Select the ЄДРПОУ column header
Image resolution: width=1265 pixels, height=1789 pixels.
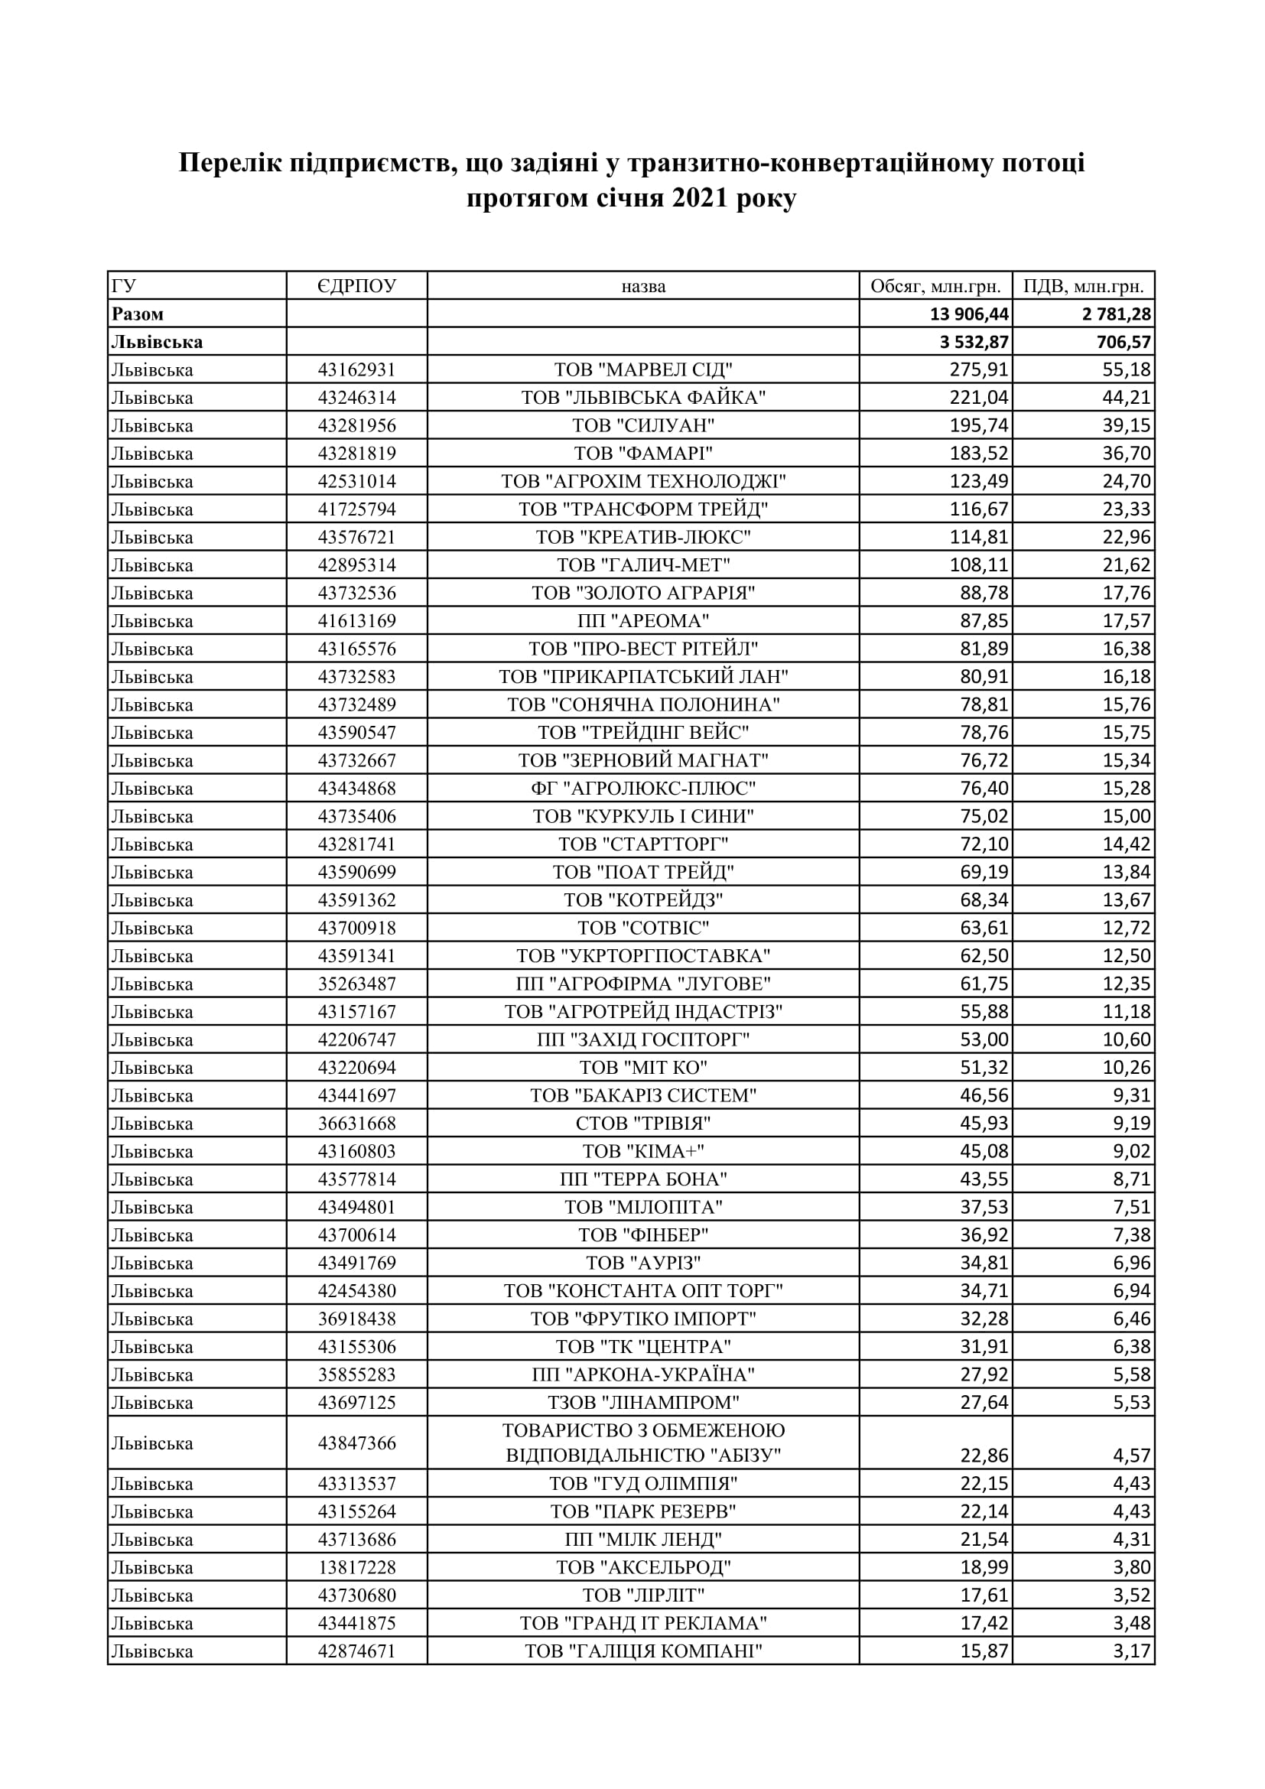point(356,286)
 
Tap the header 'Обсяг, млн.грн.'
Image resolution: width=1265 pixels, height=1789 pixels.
point(935,286)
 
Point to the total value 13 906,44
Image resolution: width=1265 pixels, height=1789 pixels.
point(969,314)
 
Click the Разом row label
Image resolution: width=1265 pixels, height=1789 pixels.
point(138,314)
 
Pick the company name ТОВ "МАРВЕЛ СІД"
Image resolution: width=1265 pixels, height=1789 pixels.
point(643,369)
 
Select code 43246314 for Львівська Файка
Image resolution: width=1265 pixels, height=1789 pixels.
point(356,398)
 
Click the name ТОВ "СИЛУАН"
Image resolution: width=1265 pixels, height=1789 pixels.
point(643,425)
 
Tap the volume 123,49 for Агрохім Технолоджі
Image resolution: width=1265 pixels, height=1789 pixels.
point(978,481)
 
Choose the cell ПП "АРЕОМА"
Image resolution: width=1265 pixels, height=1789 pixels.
point(643,621)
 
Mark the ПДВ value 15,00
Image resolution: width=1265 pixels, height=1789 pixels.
point(1127,816)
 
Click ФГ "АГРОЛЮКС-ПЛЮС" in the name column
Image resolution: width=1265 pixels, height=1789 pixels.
point(643,789)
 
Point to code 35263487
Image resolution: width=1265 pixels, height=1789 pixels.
point(356,984)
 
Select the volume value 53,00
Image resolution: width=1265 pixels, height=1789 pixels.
point(984,1039)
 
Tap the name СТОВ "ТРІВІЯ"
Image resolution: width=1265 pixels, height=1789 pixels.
point(643,1123)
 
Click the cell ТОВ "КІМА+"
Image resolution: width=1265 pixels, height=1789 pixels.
point(643,1151)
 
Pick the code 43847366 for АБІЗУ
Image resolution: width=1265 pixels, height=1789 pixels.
point(356,1443)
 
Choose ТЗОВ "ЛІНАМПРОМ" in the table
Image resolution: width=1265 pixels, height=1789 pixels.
point(643,1403)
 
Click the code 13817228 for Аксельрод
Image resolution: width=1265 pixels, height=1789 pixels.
point(356,1567)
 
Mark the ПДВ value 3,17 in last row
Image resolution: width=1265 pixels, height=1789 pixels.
point(1131,1651)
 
